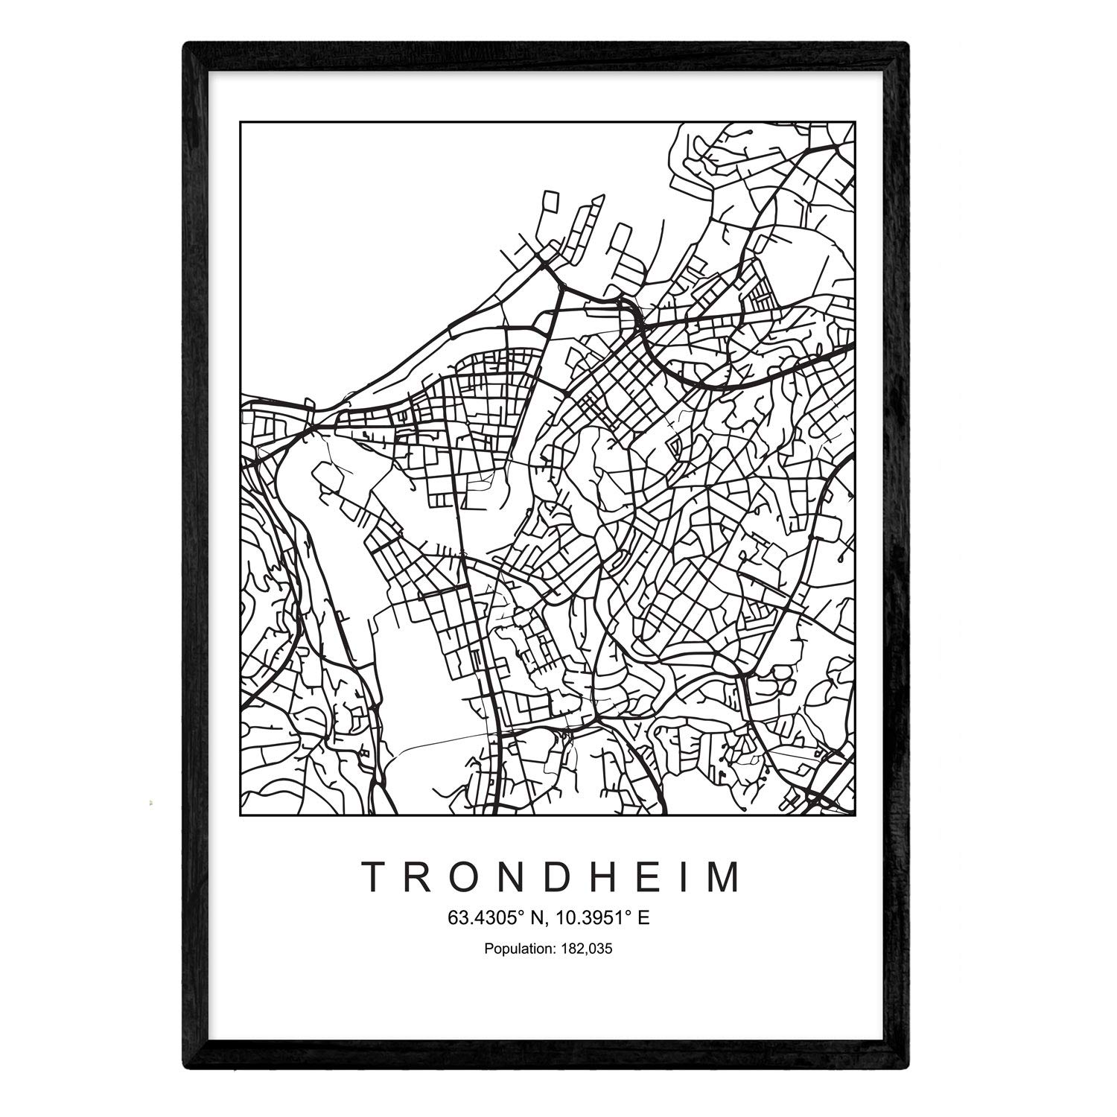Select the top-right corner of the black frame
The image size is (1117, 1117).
[x=908, y=45]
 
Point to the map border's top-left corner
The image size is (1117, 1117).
[x=241, y=122]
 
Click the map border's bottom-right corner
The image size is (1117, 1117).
[x=854, y=814]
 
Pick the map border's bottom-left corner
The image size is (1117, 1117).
[x=241, y=814]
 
